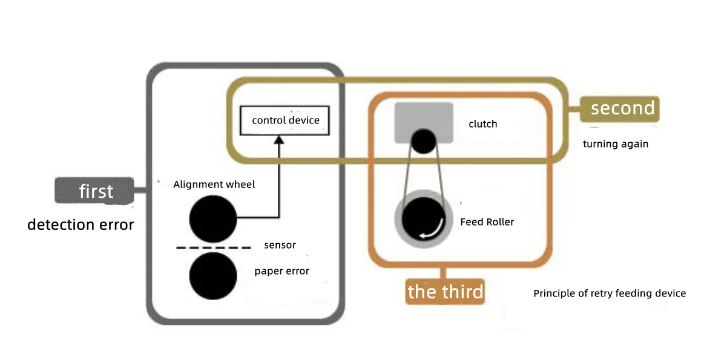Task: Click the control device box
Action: pyautogui.click(x=285, y=120)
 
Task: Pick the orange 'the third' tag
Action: pyautogui.click(x=445, y=292)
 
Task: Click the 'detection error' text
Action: pyautogui.click(x=81, y=225)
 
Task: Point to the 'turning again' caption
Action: pyautogui.click(x=616, y=144)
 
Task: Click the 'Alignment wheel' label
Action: pyautogui.click(x=214, y=185)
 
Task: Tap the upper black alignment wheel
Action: pyautogui.click(x=213, y=218)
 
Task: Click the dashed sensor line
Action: pyautogui.click(x=213, y=247)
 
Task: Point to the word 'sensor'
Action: pyautogui.click(x=280, y=245)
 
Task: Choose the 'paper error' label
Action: pyautogui.click(x=281, y=271)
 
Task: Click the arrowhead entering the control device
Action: pyautogui.click(x=278, y=140)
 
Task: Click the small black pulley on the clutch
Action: pyautogui.click(x=423, y=141)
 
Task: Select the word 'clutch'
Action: pyautogui.click(x=482, y=124)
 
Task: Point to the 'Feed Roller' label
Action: pyautogui.click(x=487, y=222)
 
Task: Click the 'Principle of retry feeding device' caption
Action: pyautogui.click(x=609, y=293)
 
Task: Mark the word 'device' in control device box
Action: pyautogui.click(x=304, y=120)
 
